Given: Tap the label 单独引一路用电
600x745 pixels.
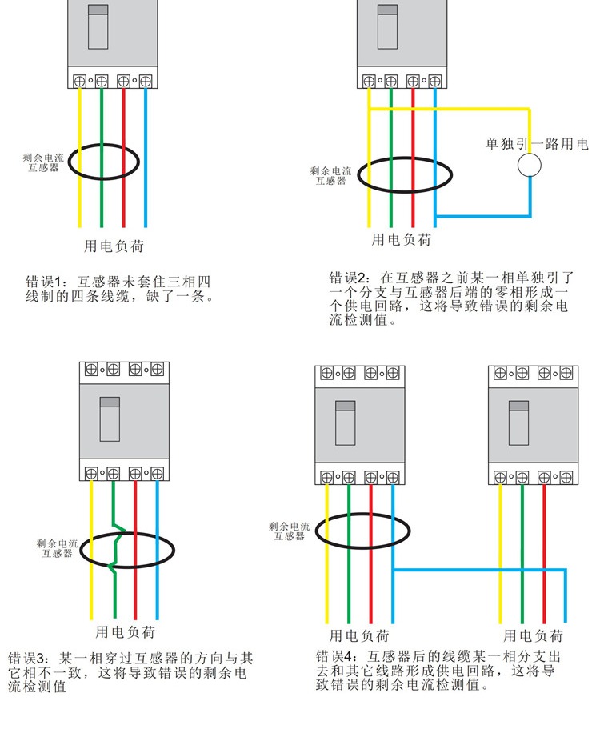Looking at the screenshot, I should point(537,144).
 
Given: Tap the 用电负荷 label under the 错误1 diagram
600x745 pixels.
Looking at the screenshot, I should point(114,245).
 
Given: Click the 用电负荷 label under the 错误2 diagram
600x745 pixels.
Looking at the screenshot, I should point(402,239).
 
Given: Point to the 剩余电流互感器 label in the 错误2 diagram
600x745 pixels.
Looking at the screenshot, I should point(330,176).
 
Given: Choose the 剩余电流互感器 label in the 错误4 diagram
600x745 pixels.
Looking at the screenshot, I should point(290,531).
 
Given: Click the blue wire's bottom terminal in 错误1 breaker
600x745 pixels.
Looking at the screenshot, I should point(146,81).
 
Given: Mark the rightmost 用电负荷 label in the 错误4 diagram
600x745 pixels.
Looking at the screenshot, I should point(533,636).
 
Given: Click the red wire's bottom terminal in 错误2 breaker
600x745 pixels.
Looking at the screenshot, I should point(413,81).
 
